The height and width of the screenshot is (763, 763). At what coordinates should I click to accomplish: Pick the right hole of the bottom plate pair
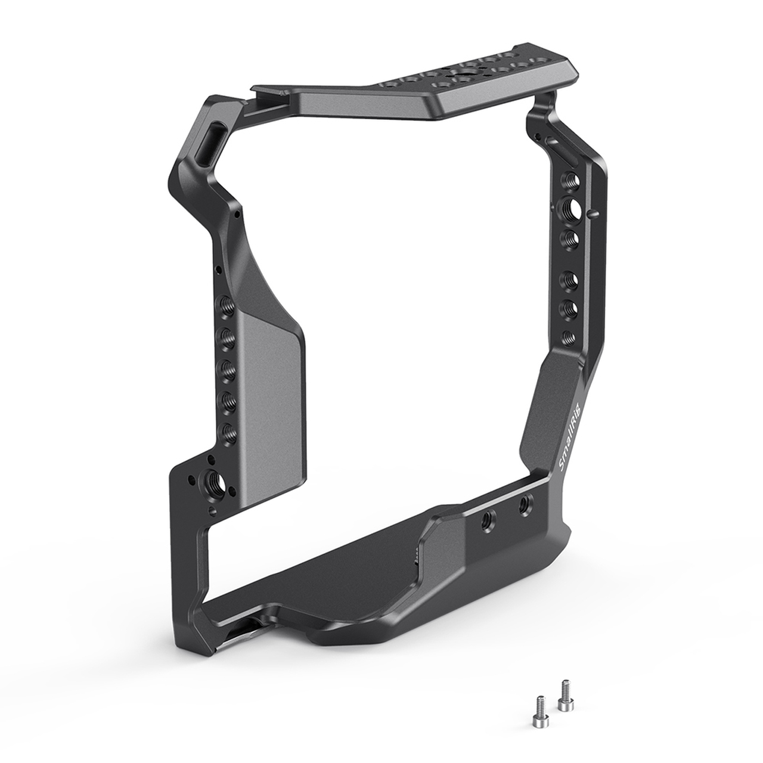point(524,504)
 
